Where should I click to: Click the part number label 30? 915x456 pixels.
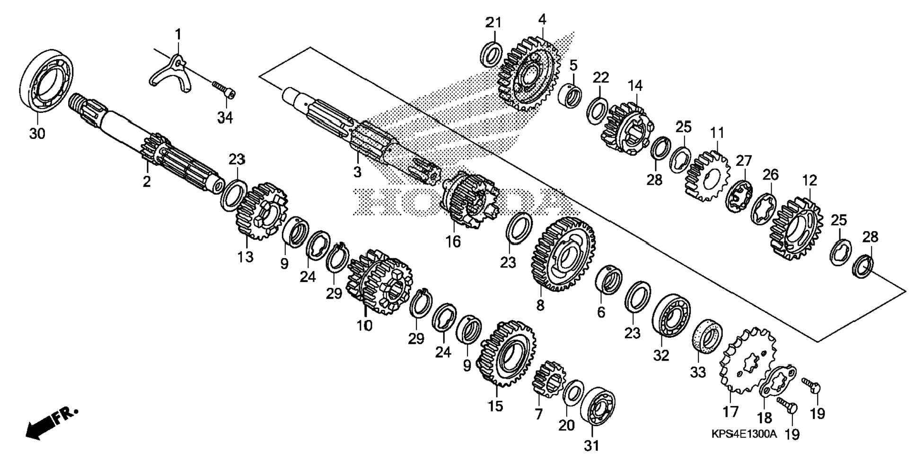[37, 134]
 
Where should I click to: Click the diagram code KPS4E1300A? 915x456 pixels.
[744, 434]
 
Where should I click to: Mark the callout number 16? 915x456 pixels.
[453, 241]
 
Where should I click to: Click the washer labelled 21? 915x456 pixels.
[492, 54]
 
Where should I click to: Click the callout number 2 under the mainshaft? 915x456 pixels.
[147, 181]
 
